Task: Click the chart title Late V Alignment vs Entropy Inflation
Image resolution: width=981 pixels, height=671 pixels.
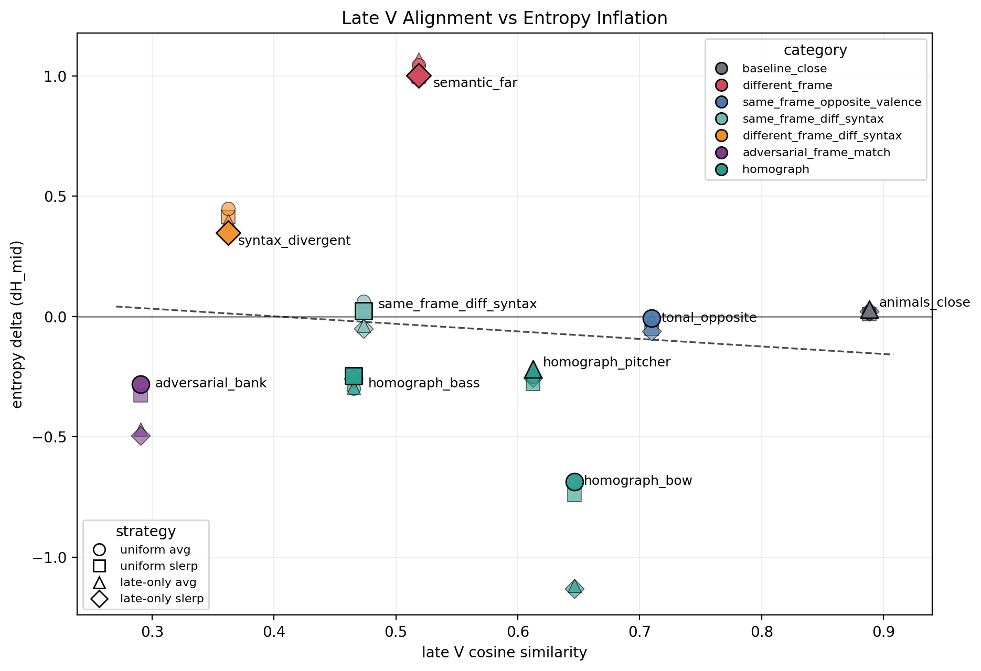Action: [504, 18]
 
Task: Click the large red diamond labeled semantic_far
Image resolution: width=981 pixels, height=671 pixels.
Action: [419, 76]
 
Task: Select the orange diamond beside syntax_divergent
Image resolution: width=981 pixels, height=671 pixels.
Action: [228, 233]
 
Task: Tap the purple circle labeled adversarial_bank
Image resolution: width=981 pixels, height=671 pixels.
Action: [141, 384]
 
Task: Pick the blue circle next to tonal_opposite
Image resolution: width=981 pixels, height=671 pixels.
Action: [651, 318]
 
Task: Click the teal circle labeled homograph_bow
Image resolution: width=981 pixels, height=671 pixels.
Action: [574, 481]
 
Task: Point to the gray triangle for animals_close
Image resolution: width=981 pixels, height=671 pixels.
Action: [869, 311]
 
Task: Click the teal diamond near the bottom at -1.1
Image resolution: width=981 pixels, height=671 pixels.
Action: [574, 589]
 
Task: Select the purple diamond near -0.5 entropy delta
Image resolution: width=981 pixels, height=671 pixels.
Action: [141, 436]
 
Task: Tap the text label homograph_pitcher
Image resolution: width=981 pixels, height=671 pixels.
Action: [606, 362]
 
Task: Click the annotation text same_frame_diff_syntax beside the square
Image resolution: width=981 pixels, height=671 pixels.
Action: [457, 304]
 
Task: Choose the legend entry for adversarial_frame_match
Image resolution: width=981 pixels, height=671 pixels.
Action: [816, 153]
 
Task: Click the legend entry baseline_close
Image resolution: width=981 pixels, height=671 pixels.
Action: [784, 69]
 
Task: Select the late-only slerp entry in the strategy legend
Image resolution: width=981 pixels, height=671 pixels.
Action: [162, 599]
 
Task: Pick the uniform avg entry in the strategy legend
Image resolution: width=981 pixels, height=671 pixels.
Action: [155, 550]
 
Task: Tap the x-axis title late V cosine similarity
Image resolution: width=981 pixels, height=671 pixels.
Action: [504, 653]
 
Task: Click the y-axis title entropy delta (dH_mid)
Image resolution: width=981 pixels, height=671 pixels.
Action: [17, 324]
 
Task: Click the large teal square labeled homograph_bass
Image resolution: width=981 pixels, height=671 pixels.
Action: [354, 376]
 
